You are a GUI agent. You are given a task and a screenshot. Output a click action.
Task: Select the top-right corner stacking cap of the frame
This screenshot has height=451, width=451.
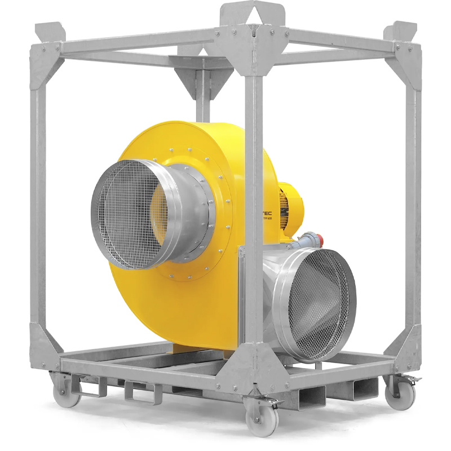[x=403, y=31]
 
